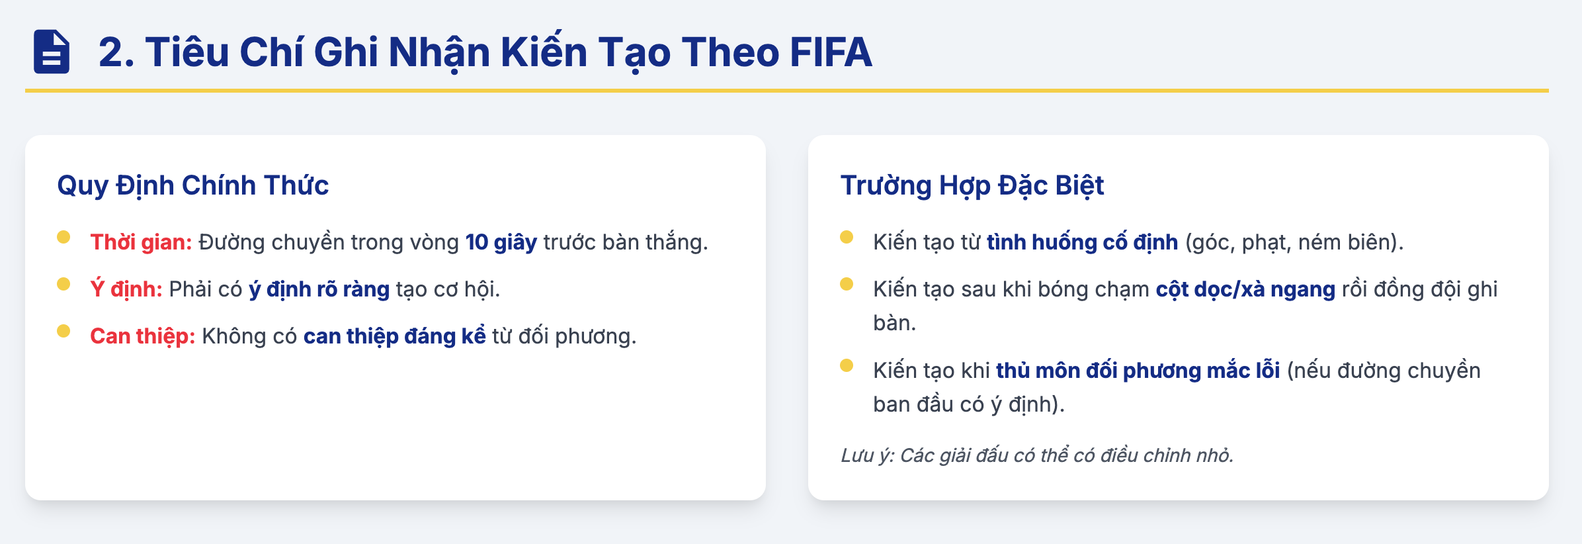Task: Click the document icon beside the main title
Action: [x=52, y=52]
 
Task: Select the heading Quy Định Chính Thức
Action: [x=193, y=186]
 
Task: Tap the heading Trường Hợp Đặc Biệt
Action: [x=972, y=186]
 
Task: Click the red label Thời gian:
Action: [x=141, y=242]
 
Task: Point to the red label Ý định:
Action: [x=126, y=289]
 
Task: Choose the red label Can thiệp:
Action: [x=143, y=336]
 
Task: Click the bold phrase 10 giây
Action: [x=501, y=242]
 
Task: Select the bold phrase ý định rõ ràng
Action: [x=319, y=289]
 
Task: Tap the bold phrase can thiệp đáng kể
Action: [x=395, y=336]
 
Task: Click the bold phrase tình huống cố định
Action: [x=1083, y=242]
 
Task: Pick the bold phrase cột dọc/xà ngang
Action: [x=1246, y=289]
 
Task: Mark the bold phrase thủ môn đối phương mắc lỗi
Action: [x=1138, y=371]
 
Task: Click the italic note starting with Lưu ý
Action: [x=1037, y=455]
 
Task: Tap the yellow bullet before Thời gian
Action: [x=63, y=237]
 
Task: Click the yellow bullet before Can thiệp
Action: [x=63, y=331]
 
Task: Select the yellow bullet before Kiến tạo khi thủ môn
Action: [x=847, y=365]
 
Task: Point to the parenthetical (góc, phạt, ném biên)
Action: [x=1294, y=242]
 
